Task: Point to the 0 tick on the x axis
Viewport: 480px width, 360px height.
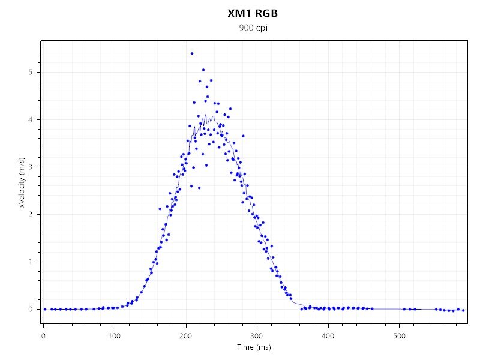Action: pos(43,334)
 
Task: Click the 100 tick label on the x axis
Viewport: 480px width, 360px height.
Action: pos(115,334)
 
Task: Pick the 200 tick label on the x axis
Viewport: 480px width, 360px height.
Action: pos(186,334)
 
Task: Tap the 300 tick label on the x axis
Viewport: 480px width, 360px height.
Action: pos(257,334)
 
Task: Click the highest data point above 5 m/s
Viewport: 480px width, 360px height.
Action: pos(192,53)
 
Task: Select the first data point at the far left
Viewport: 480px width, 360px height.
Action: pos(45,309)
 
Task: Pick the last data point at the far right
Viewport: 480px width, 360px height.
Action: pos(463,310)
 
